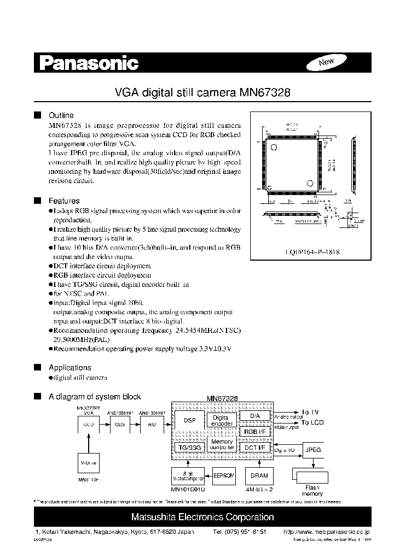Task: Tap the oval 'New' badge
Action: pos(326,62)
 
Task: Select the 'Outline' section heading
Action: pos(61,115)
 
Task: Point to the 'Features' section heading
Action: pos(64,201)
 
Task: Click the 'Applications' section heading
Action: pos(70,368)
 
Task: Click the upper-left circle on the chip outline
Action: pos(274,148)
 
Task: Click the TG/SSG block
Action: pos(188,447)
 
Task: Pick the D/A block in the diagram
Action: pos(254,416)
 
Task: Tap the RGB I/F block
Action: pos(254,431)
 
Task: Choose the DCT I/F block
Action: pos(254,448)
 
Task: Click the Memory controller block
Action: pos(222,444)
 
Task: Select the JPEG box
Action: pos(313,450)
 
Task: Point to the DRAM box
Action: pos(255,475)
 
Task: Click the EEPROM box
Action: pos(224,475)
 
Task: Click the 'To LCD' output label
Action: pos(313,423)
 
